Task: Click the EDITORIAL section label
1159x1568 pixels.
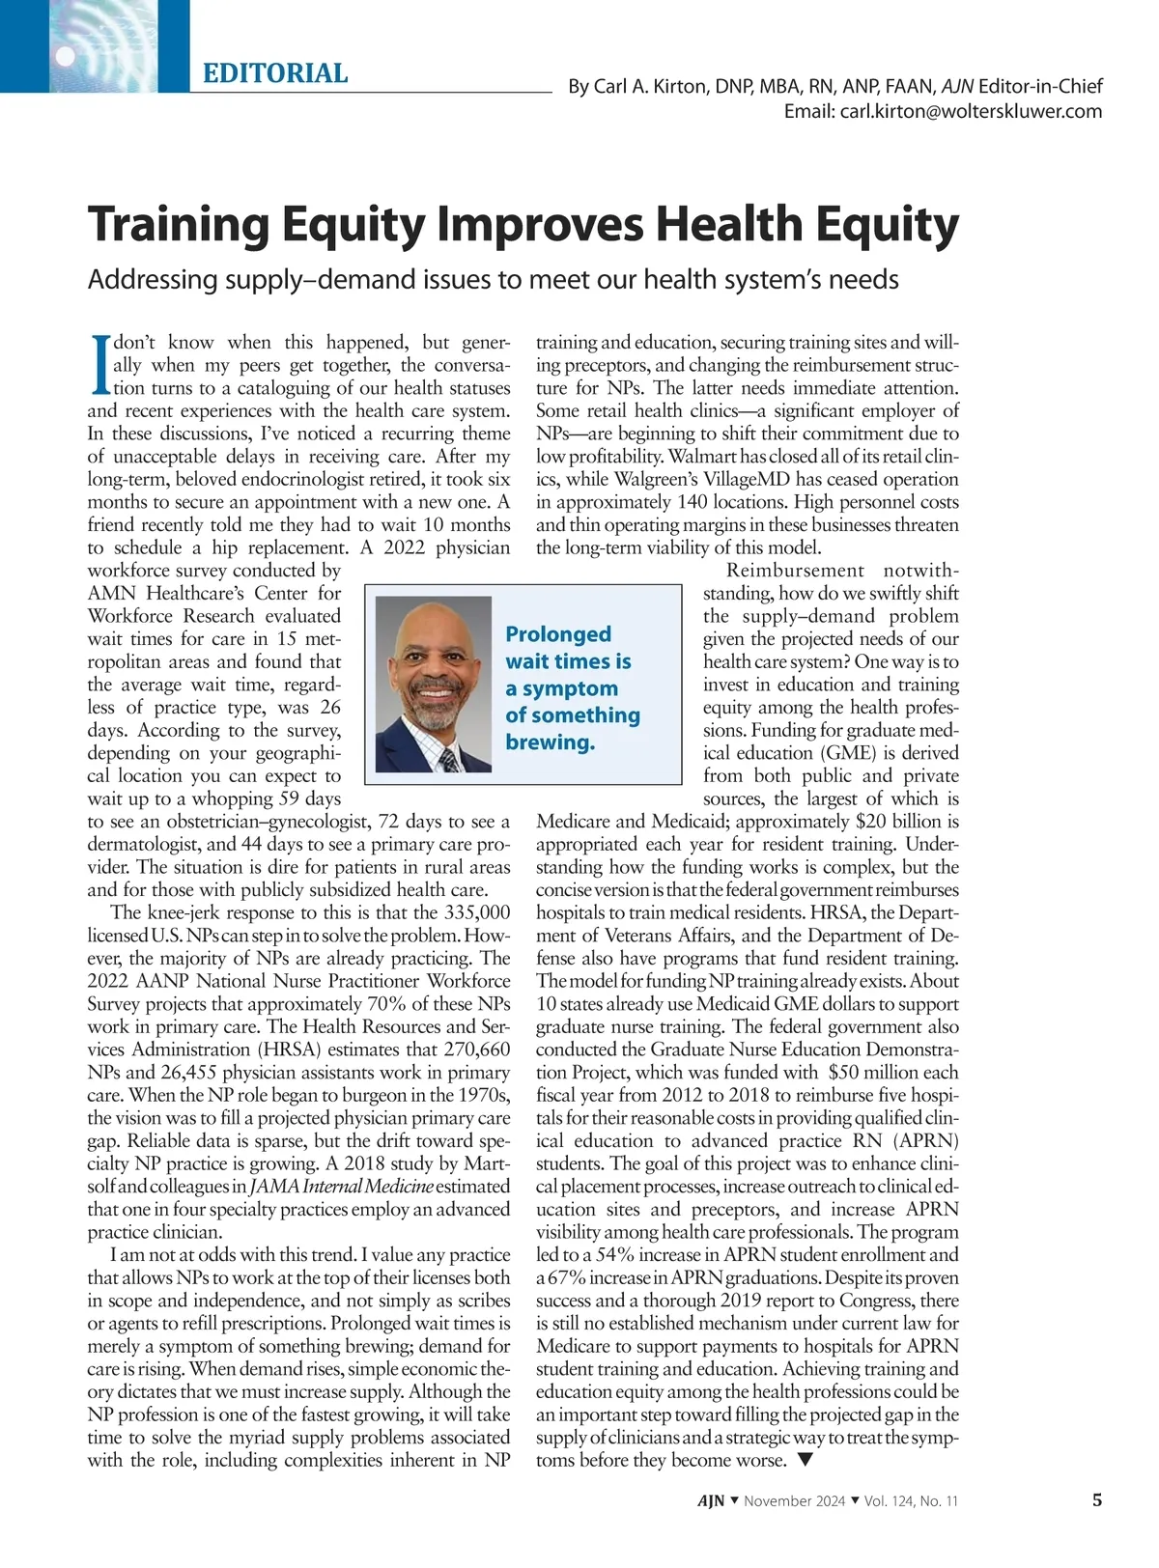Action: pyautogui.click(x=275, y=73)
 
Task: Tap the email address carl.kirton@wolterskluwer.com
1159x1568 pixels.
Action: pyautogui.click(x=943, y=111)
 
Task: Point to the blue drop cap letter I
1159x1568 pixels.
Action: pyautogui.click(x=99, y=365)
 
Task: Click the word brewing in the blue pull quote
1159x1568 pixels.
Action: pyautogui.click(x=549, y=742)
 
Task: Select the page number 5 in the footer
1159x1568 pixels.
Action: pyautogui.click(x=1096, y=1500)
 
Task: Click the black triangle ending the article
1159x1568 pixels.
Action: pyautogui.click(x=806, y=1460)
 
